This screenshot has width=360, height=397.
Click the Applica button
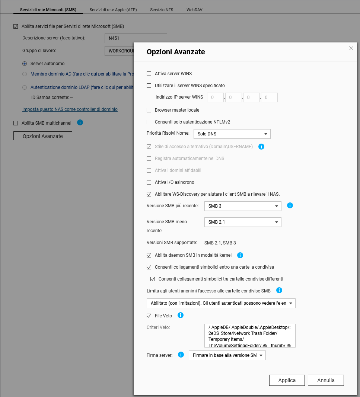click(287, 380)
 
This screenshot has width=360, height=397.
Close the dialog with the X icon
click(351, 48)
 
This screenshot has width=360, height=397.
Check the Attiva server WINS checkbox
click(149, 74)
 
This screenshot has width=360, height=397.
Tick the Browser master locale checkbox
click(149, 110)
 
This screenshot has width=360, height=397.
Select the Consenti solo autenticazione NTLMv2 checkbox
click(149, 122)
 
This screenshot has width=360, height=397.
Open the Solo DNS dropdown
click(232, 134)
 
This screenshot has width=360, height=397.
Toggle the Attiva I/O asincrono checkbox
click(149, 182)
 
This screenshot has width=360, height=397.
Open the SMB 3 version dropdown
click(242, 206)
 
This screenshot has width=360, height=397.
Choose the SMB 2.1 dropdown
click(242, 222)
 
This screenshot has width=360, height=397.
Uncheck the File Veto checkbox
click(149, 316)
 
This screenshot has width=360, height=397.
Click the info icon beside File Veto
click(181, 316)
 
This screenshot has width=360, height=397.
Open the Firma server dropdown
click(227, 355)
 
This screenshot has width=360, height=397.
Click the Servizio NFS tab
click(162, 10)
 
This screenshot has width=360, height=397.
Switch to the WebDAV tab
click(194, 10)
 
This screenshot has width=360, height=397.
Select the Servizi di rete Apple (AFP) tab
click(113, 10)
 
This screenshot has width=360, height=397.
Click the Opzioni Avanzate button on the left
click(42, 136)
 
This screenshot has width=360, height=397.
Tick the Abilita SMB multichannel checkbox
click(16, 123)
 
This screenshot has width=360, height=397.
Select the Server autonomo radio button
click(25, 64)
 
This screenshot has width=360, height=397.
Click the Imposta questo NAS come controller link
click(70, 109)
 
